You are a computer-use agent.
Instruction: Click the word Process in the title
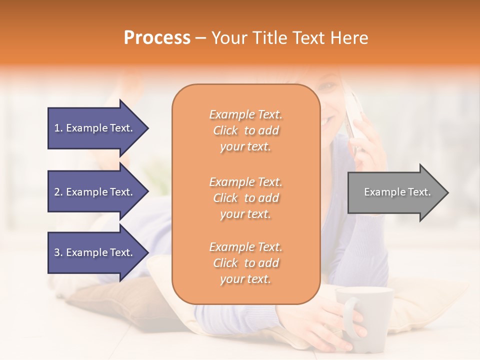(x=157, y=38)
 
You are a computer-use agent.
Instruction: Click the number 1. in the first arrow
(x=58, y=128)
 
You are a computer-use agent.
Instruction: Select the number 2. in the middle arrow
(x=58, y=192)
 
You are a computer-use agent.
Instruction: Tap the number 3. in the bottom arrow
(x=58, y=252)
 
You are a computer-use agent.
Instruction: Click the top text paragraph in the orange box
(x=245, y=130)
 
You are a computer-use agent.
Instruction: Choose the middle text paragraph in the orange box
(x=245, y=197)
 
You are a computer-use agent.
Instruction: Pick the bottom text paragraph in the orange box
(x=245, y=263)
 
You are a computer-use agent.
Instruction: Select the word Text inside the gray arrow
(x=419, y=192)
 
